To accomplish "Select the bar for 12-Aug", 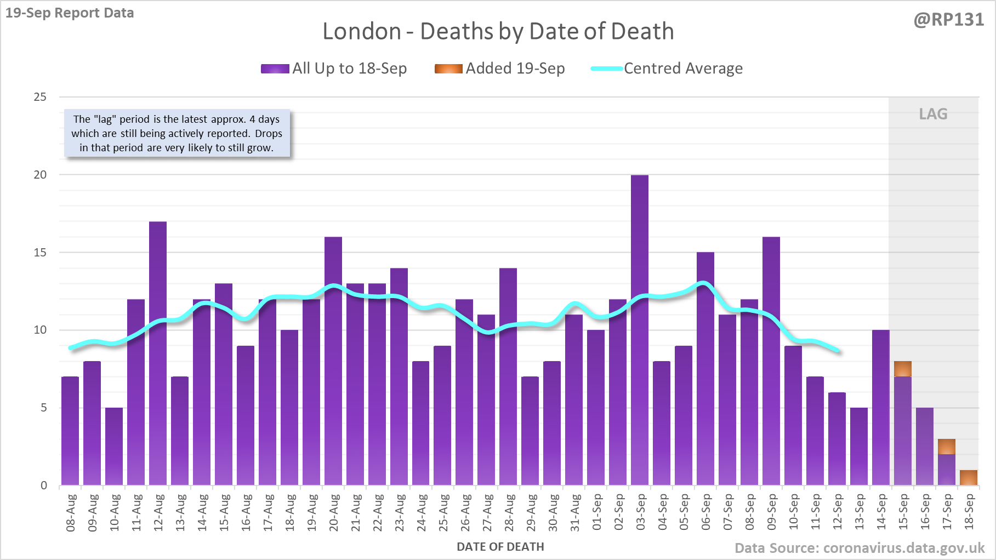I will pyautogui.click(x=158, y=353).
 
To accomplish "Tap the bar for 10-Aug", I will pyautogui.click(x=114, y=447).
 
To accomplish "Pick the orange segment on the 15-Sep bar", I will pyautogui.click(x=903, y=369).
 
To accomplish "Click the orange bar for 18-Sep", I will pyautogui.click(x=969, y=478).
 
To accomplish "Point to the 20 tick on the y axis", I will pyautogui.click(x=41, y=175).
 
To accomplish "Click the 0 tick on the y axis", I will pyautogui.click(x=44, y=485).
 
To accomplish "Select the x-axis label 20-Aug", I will pyautogui.click(x=334, y=513).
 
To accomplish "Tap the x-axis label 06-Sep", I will pyautogui.click(x=706, y=513).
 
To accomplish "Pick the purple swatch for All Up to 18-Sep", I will pyautogui.click(x=275, y=68).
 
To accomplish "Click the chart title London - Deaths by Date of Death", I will pyautogui.click(x=498, y=31).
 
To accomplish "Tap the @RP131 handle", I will pyautogui.click(x=948, y=20).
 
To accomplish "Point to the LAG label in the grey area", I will pyautogui.click(x=933, y=114).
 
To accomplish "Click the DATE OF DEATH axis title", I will pyautogui.click(x=500, y=547).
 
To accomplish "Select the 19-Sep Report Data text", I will pyautogui.click(x=70, y=13).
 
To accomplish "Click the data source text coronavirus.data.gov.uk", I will pyautogui.click(x=860, y=548).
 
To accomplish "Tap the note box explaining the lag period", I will pyautogui.click(x=177, y=134).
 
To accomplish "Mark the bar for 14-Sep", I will pyautogui.click(x=881, y=408).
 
